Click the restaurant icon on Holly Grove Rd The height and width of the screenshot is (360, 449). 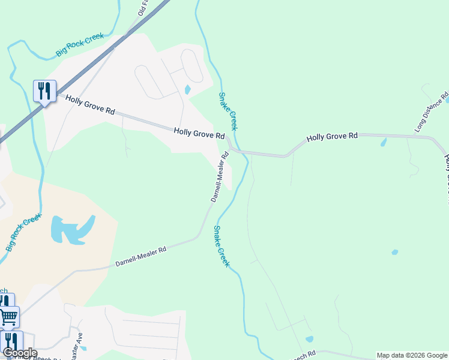[x=44, y=91]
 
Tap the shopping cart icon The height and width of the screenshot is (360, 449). [x=8, y=316]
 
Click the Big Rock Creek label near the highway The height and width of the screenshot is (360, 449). [x=80, y=45]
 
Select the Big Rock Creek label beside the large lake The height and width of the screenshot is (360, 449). [x=23, y=232]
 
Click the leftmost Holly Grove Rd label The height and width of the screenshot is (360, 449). [x=90, y=105]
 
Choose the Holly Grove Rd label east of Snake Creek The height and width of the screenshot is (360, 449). [x=332, y=137]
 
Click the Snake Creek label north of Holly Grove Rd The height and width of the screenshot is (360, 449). [x=228, y=111]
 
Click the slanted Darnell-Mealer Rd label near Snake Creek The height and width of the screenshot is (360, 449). [x=220, y=176]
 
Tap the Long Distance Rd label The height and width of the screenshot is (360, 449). [x=432, y=112]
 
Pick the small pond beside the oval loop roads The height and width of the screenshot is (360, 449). [x=187, y=90]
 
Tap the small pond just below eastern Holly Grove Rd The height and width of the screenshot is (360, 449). [x=384, y=143]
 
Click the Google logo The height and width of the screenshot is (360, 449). [x=19, y=353]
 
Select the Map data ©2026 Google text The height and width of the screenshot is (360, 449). [x=412, y=355]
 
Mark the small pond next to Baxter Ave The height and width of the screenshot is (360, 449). [x=83, y=348]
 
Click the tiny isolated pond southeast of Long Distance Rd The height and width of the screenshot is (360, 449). [x=394, y=252]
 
